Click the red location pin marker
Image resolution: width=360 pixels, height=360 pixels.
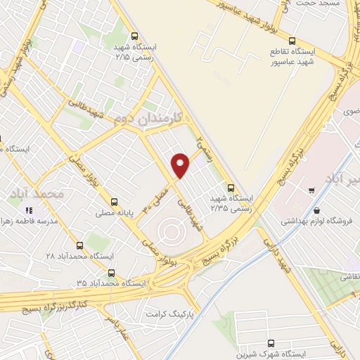pyautogui.click(x=181, y=164)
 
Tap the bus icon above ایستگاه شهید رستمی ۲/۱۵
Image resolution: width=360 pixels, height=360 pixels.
pyautogui.click(x=135, y=36)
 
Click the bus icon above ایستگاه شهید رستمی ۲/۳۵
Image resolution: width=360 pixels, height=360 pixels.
pyautogui.click(x=231, y=187)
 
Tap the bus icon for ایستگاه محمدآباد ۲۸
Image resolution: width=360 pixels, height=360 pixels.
pyautogui.click(x=79, y=246)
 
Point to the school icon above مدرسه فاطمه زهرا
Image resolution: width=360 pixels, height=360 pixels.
pyautogui.click(x=29, y=210)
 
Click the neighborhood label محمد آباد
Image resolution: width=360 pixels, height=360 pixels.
pyautogui.click(x=38, y=192)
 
